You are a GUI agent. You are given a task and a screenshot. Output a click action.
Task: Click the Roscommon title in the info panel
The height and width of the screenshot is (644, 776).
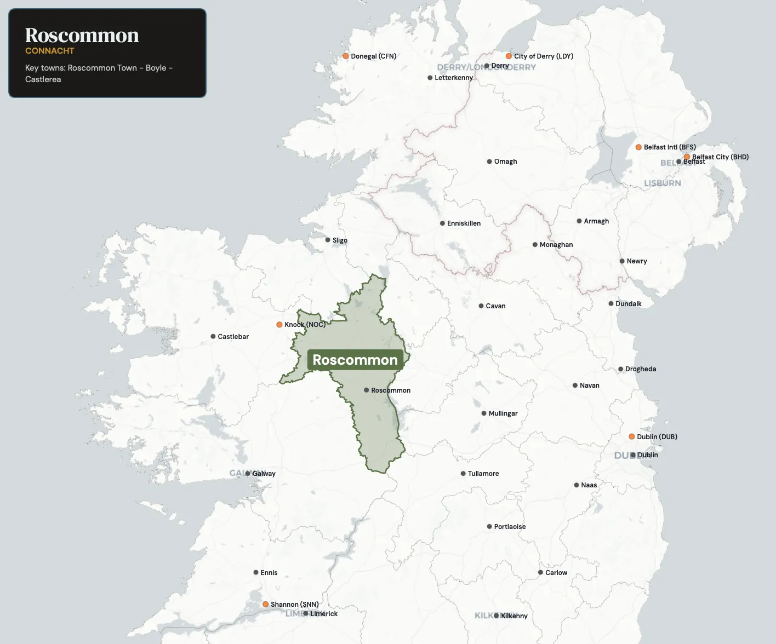(x=82, y=35)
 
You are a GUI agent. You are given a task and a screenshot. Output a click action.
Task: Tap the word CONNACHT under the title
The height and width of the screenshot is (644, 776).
(x=50, y=51)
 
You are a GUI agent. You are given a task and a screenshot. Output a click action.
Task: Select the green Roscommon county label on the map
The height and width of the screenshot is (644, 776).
(x=355, y=360)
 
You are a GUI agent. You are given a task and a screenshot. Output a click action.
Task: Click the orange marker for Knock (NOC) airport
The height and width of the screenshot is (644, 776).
(x=279, y=325)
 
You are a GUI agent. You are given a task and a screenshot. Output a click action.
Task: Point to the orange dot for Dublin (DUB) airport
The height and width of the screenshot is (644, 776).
(x=632, y=436)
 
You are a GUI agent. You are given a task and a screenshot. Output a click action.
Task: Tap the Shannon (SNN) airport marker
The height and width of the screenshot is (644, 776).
(x=266, y=604)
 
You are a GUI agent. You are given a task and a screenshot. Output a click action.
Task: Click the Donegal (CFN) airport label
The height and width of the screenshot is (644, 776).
(x=373, y=56)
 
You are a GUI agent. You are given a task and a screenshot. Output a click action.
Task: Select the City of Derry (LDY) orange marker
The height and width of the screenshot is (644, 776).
(x=509, y=56)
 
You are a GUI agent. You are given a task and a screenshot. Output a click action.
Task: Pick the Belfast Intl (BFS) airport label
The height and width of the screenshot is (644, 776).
(x=670, y=147)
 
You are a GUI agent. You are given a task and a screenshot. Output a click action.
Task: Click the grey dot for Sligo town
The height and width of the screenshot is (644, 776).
(x=328, y=240)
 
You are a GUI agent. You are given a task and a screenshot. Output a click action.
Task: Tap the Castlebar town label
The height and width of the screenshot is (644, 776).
(x=233, y=337)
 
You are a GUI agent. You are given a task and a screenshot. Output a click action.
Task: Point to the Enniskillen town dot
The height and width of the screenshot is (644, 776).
(x=442, y=223)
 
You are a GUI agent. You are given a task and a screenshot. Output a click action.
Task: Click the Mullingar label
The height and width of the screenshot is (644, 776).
(x=503, y=413)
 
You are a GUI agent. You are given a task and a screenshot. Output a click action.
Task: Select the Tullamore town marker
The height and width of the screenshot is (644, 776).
(x=463, y=474)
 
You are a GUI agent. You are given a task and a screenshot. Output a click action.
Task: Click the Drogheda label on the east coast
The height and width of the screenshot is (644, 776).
(x=640, y=369)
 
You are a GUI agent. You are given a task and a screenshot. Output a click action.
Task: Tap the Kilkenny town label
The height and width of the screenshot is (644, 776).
(x=514, y=616)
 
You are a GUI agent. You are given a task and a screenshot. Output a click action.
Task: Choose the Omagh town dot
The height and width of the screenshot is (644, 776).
(x=489, y=162)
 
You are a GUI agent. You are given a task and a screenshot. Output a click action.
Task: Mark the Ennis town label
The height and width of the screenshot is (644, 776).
(x=269, y=573)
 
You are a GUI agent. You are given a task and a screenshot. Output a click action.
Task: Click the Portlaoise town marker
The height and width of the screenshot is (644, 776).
(x=489, y=527)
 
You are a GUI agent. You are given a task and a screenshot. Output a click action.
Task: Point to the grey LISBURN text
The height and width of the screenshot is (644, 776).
(x=662, y=183)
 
